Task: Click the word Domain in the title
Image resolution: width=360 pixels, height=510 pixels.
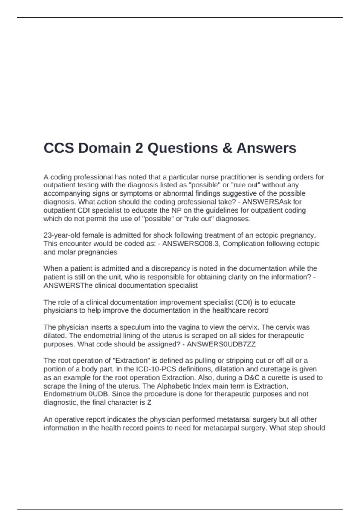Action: [x=110, y=148]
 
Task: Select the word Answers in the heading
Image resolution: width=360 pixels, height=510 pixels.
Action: [x=266, y=148]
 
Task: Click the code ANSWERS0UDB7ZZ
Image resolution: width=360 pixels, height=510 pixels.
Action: [x=221, y=344]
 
